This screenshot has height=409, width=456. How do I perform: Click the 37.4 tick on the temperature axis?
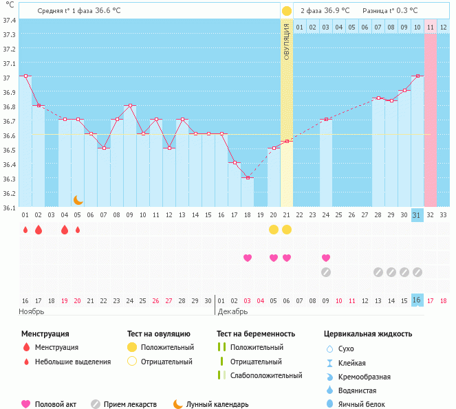coord(9,21)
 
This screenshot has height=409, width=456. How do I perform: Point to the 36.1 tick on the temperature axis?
coord(9,207)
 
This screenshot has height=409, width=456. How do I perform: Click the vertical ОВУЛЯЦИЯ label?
coord(287,41)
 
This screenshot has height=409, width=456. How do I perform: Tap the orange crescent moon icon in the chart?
coord(78,200)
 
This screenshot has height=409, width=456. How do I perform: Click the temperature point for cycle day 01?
coord(25,76)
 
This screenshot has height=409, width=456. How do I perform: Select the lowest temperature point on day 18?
coord(248,177)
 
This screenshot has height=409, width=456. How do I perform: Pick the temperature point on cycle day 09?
coord(130,105)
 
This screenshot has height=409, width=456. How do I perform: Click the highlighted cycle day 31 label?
coord(417,215)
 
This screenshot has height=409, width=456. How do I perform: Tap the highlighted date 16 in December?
coord(417,300)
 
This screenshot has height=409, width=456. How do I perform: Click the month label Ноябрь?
coord(32,311)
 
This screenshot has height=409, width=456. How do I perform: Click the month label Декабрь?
coord(232,311)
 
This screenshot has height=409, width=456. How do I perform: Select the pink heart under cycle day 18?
coord(248,258)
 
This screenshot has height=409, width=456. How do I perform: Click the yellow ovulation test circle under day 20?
coord(274,229)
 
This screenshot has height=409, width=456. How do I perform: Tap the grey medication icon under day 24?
coord(326,272)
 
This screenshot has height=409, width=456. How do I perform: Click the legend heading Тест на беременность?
coord(255,334)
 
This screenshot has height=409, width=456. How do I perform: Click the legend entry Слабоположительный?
coord(265,375)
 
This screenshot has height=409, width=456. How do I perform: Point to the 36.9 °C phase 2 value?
coord(336,11)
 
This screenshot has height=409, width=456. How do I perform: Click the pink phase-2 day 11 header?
coord(431,27)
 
